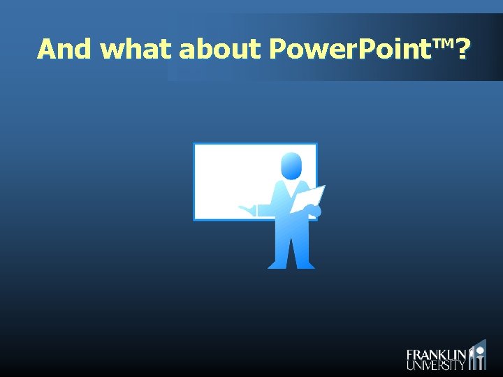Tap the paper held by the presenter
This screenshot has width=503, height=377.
point(307,198)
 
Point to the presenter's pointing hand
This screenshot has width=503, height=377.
point(245,208)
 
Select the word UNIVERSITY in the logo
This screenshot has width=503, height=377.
point(436,365)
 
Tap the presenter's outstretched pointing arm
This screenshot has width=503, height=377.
point(262,209)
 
